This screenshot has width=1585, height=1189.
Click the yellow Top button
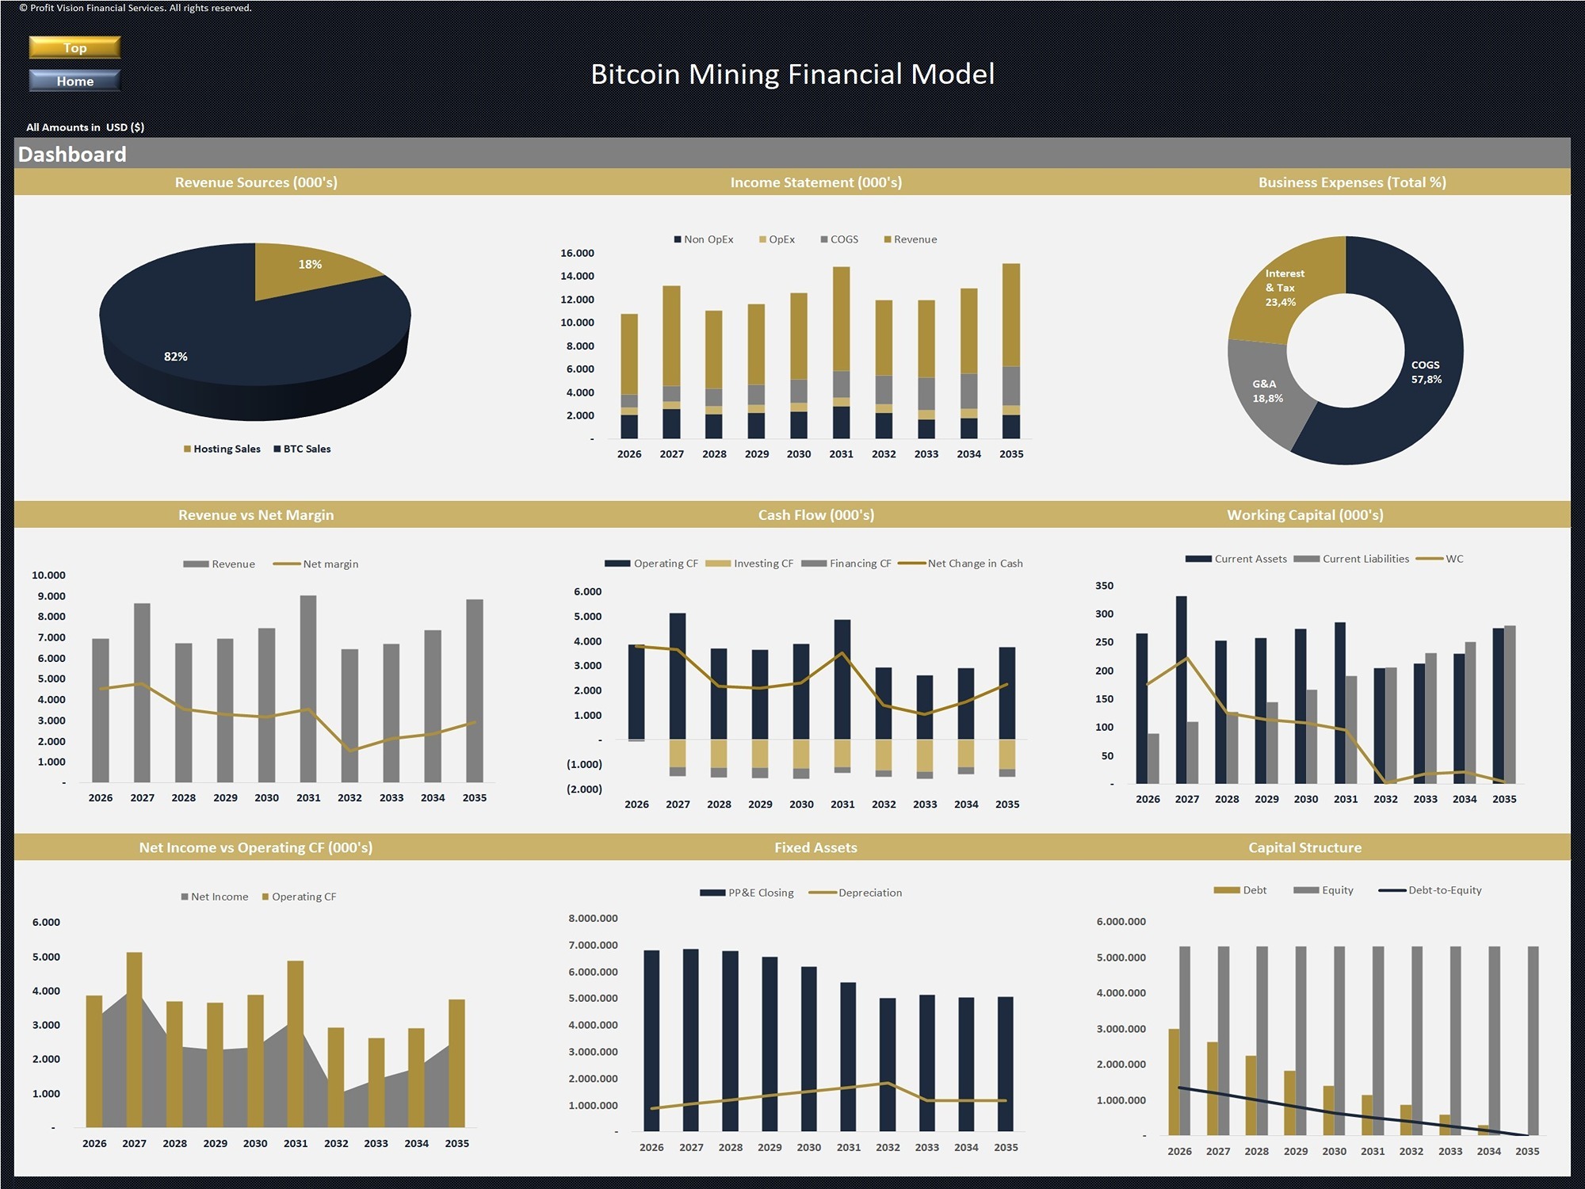(x=74, y=48)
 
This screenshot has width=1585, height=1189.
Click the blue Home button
(x=74, y=81)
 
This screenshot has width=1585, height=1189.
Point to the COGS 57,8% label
(x=1426, y=373)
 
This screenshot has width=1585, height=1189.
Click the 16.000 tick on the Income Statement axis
(x=577, y=253)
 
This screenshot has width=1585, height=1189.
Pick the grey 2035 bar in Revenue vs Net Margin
(x=474, y=690)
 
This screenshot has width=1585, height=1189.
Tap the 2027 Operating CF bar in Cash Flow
(x=678, y=674)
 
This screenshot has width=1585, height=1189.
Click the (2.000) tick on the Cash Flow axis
(x=584, y=789)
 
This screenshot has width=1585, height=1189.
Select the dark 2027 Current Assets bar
(x=1181, y=690)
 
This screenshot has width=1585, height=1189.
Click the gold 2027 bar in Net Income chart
(x=134, y=1038)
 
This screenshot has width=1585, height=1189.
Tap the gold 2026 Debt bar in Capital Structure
(x=1174, y=1082)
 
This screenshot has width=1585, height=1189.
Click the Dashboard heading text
(x=72, y=155)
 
